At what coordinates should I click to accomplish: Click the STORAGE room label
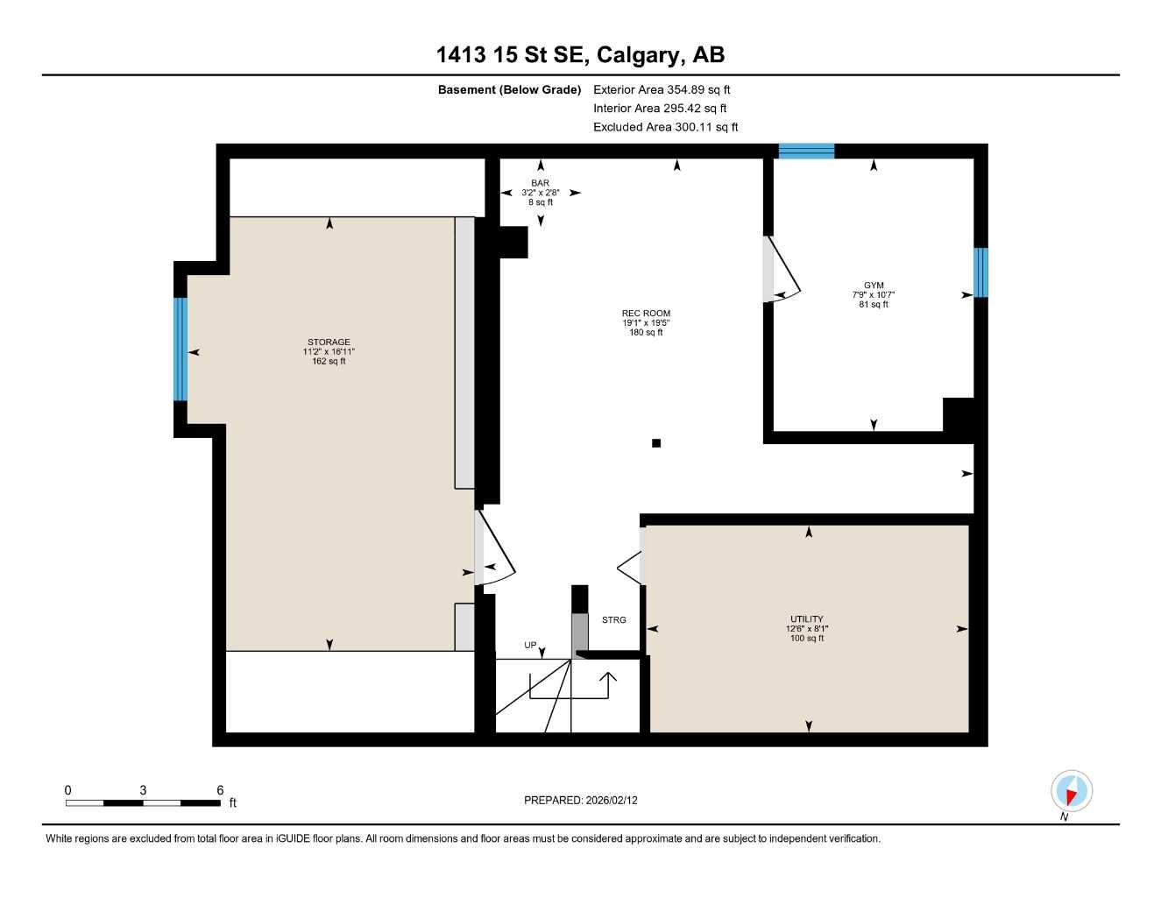(x=329, y=343)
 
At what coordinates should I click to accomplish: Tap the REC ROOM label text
(x=646, y=314)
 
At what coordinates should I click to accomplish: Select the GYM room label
(x=874, y=286)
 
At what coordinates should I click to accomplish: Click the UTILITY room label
(x=806, y=619)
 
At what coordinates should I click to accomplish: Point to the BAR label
(x=540, y=183)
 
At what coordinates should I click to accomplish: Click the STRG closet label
(x=614, y=620)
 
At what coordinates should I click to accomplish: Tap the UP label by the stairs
(x=530, y=646)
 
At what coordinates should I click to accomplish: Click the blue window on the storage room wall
(x=181, y=349)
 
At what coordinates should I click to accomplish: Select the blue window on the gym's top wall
(x=806, y=152)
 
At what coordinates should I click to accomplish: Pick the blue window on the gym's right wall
(x=980, y=272)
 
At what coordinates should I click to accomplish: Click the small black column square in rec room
(x=656, y=443)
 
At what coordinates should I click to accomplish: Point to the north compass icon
(x=1070, y=792)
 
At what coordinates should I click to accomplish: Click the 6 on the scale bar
(x=220, y=790)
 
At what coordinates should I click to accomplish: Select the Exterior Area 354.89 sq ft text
(x=662, y=89)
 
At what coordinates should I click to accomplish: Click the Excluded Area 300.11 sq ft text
(x=665, y=127)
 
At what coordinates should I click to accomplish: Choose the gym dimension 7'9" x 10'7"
(x=874, y=295)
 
